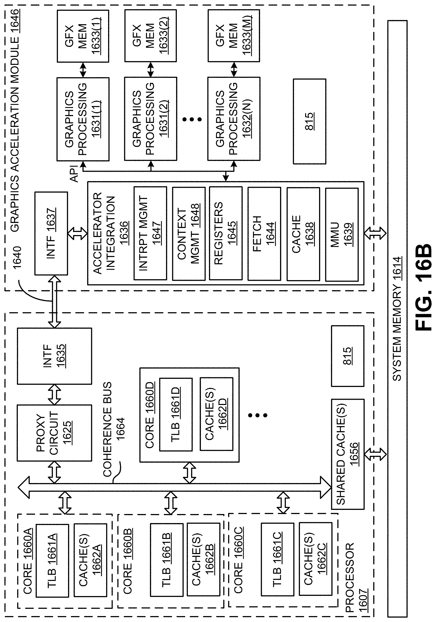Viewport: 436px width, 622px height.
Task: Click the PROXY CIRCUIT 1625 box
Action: point(54,433)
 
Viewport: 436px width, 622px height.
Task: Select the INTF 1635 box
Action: point(54,356)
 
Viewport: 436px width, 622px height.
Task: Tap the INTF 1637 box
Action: point(51,233)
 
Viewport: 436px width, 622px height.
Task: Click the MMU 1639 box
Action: point(342,235)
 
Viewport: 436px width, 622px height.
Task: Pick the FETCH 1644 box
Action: point(264,233)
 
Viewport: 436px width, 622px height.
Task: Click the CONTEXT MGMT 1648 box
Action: point(188,233)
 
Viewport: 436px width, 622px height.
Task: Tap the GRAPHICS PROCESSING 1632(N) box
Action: point(234,119)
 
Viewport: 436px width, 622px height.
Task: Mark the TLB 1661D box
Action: point(176,414)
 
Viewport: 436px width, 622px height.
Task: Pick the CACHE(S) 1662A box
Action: point(90,560)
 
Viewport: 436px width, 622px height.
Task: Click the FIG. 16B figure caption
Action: point(423,287)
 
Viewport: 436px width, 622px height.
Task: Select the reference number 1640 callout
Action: point(17,258)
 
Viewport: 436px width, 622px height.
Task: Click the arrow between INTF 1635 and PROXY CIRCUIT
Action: point(54,394)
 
